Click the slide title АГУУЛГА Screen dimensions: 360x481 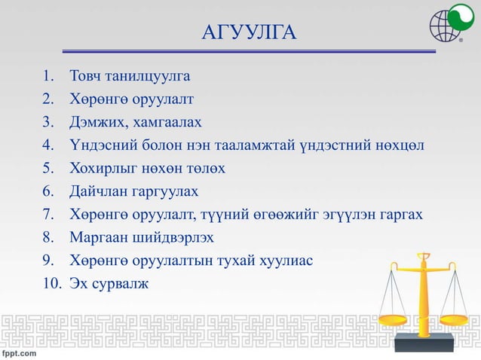[x=250, y=33]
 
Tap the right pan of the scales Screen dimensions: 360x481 [x=458, y=320]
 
